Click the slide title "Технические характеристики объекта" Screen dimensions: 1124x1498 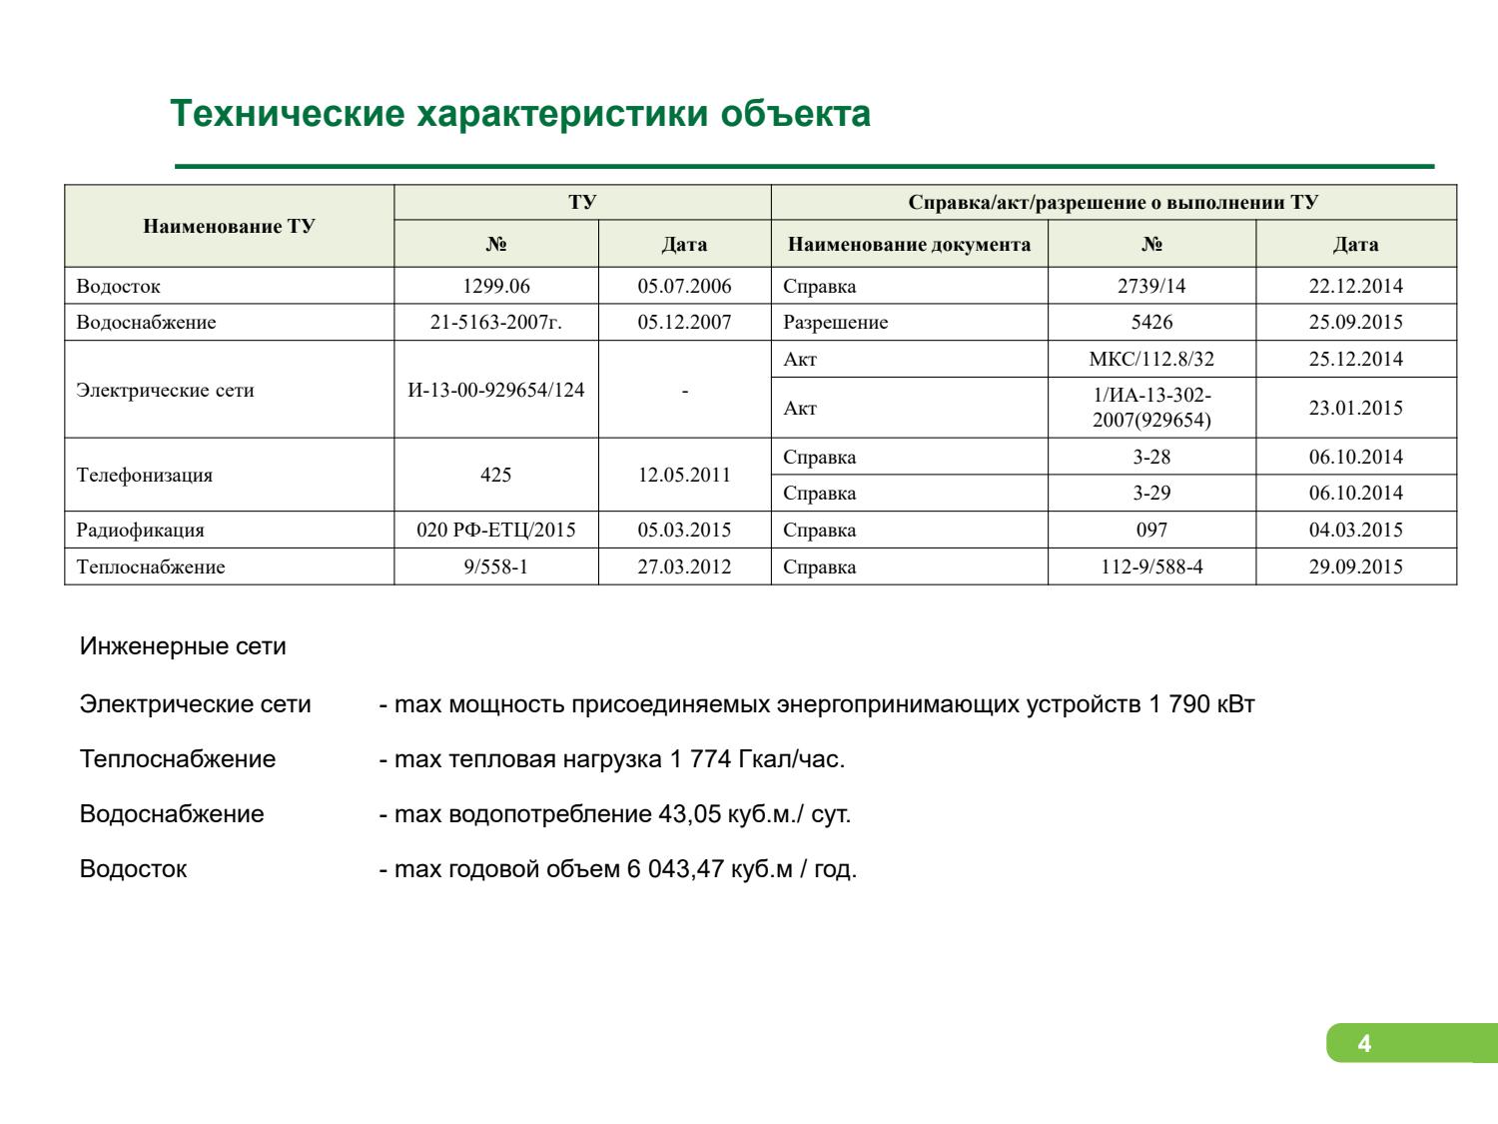(x=519, y=114)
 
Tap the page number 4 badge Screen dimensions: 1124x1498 (x=1364, y=1045)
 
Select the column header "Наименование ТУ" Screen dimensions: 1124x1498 (x=229, y=226)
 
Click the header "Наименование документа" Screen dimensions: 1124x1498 (x=909, y=245)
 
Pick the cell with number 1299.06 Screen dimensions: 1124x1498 (x=495, y=287)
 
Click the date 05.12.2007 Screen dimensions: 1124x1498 (x=684, y=323)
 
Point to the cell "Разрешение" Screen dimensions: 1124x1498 (x=835, y=323)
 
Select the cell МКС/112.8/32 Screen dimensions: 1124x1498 (x=1151, y=360)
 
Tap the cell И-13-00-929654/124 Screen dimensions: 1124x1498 (x=495, y=390)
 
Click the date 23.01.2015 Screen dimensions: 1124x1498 (x=1355, y=408)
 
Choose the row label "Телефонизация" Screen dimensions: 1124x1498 (x=145, y=475)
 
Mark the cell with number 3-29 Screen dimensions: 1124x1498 (x=1151, y=493)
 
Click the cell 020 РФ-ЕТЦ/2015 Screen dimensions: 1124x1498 (x=495, y=530)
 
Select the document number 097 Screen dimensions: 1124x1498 (x=1151, y=530)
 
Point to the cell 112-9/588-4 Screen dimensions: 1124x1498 (x=1151, y=566)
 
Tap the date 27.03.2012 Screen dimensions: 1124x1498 (x=684, y=566)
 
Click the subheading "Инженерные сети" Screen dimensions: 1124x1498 (x=183, y=646)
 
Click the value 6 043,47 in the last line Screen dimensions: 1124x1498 (x=674, y=869)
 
